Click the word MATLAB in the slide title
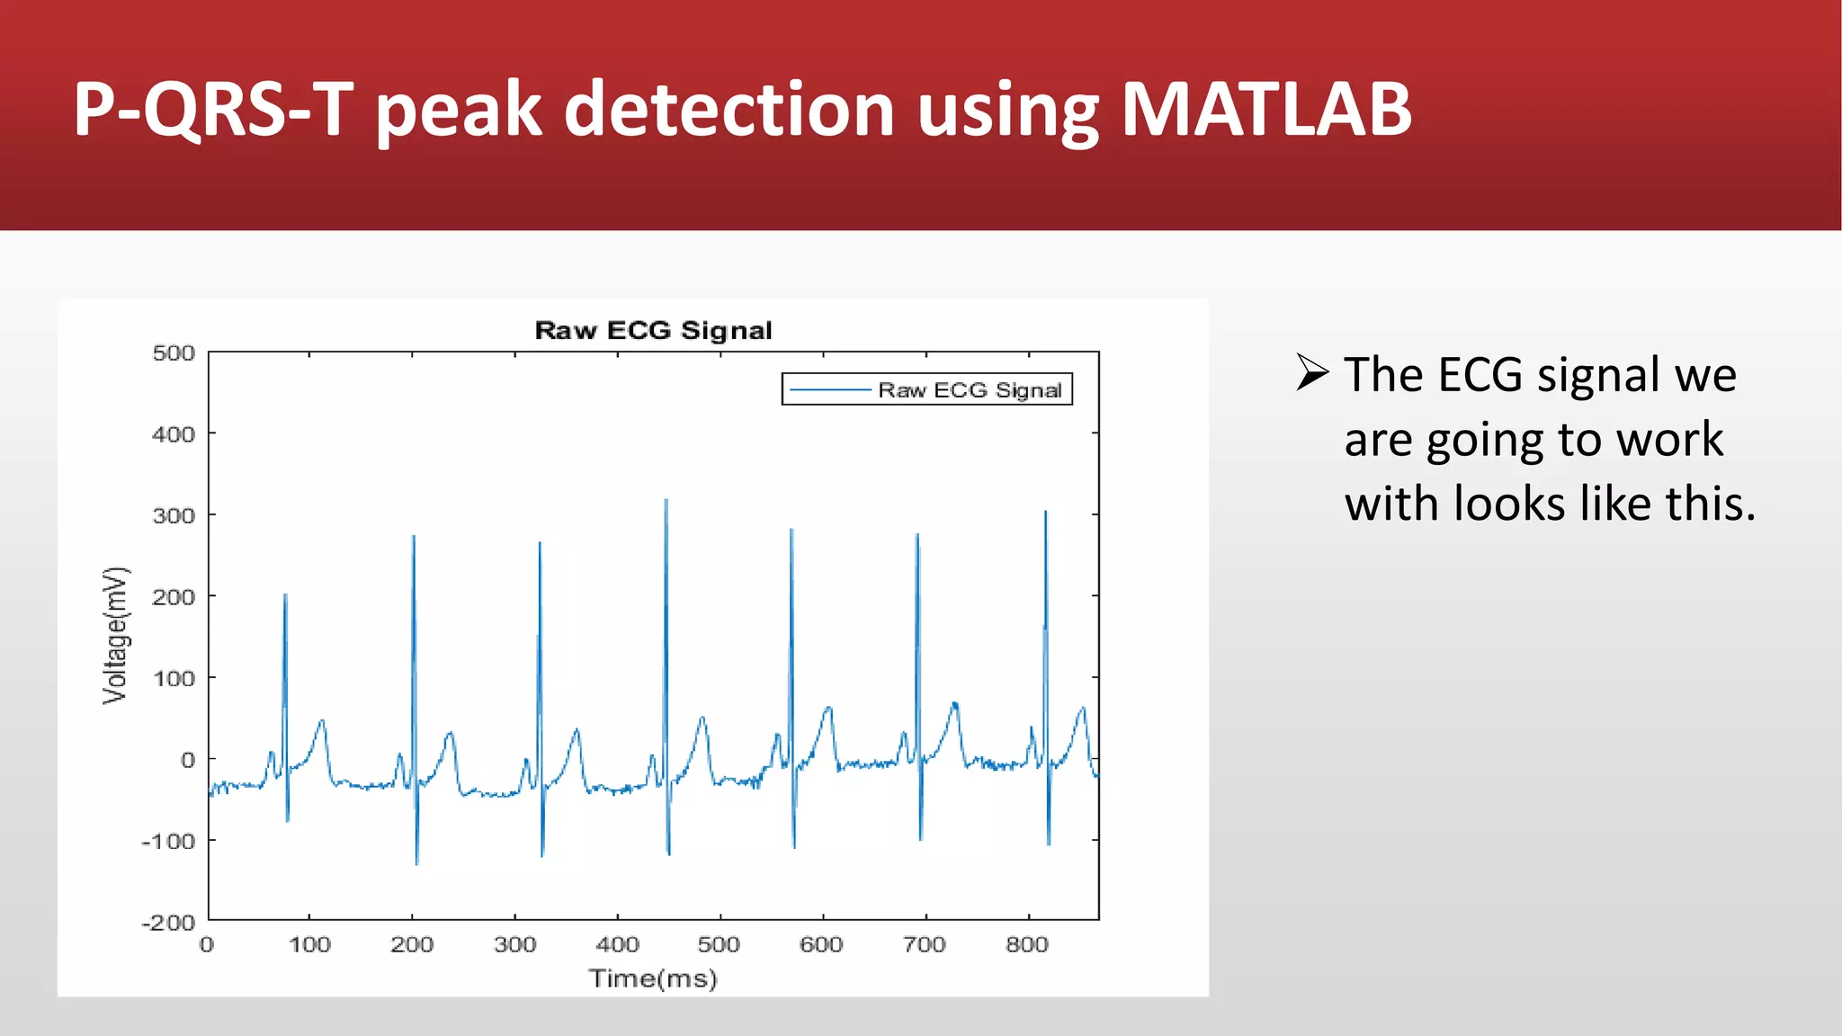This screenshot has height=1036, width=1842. click(1266, 110)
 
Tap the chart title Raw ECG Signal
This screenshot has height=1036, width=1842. click(653, 330)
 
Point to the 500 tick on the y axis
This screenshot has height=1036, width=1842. click(174, 353)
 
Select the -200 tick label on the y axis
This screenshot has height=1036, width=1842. click(168, 923)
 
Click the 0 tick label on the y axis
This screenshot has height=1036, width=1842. click(187, 760)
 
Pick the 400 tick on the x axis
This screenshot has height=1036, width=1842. click(617, 945)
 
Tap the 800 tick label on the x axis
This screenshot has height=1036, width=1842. click(1026, 945)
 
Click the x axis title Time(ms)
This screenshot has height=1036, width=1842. click(653, 978)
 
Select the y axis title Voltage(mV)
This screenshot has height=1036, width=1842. click(115, 635)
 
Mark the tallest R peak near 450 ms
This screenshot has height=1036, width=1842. click(666, 501)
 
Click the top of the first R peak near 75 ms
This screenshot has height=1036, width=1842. click(285, 595)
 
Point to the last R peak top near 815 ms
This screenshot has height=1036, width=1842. click(1045, 513)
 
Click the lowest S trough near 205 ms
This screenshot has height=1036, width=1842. click(416, 863)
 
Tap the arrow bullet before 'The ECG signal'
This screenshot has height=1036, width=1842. click(1312, 372)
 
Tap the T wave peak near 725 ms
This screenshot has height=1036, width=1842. click(954, 704)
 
